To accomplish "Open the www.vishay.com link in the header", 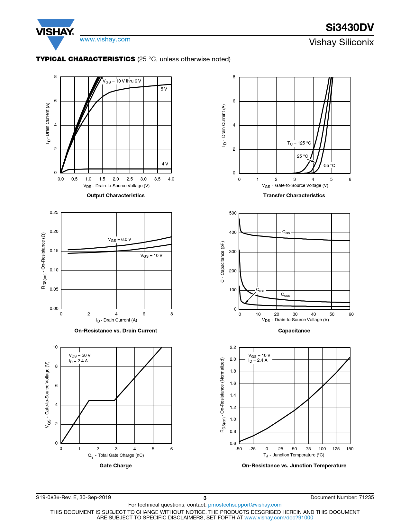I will (105, 40).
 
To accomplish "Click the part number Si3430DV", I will (350, 28).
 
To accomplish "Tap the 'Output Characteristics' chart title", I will (115, 195).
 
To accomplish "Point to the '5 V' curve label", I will (164, 89).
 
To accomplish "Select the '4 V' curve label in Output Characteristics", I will (165, 164).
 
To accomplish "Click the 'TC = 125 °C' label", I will (299, 143).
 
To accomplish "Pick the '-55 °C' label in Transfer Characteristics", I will (329, 165).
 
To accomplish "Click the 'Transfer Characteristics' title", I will (294, 195).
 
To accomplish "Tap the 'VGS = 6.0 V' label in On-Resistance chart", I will (119, 240).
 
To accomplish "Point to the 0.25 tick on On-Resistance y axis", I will (54, 212).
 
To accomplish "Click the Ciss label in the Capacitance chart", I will (286, 232).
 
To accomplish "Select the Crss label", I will (260, 290).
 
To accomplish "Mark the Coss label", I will (285, 295).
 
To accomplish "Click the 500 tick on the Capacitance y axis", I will (232, 213).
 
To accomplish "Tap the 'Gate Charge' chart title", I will (115, 465).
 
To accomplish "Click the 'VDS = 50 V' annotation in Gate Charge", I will (79, 355).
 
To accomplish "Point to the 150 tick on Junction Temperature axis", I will (350, 449).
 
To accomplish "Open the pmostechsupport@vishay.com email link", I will (244, 505).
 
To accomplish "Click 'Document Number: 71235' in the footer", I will (342, 497).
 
